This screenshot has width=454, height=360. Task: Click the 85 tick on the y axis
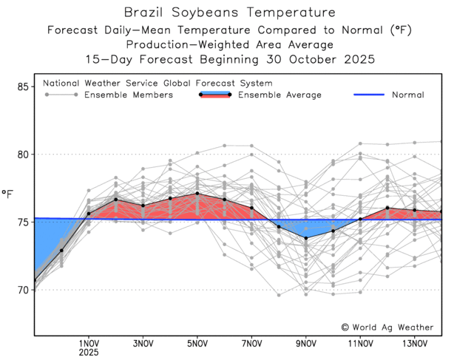pyautogui.click(x=22, y=87)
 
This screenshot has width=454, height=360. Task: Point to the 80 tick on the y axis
pyautogui.click(x=22, y=154)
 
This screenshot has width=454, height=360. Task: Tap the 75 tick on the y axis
pyautogui.click(x=22, y=222)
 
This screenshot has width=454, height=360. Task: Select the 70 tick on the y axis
pyautogui.click(x=22, y=290)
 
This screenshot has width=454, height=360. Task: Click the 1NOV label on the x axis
pyautogui.click(x=89, y=343)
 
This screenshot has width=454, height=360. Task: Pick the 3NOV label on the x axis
pyautogui.click(x=143, y=343)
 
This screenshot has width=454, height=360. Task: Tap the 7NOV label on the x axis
pyautogui.click(x=252, y=343)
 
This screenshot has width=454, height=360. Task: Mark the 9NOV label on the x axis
pyautogui.click(x=306, y=343)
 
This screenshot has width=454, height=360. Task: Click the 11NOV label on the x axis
pyautogui.click(x=360, y=343)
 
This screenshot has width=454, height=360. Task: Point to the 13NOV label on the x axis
pyautogui.click(x=415, y=343)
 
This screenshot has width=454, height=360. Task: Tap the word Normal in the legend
pyautogui.click(x=407, y=95)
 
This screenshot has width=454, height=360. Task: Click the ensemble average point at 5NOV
pyautogui.click(x=197, y=194)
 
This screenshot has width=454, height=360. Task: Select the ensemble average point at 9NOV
pyautogui.click(x=306, y=238)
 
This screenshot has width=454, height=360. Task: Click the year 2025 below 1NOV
pyautogui.click(x=89, y=353)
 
